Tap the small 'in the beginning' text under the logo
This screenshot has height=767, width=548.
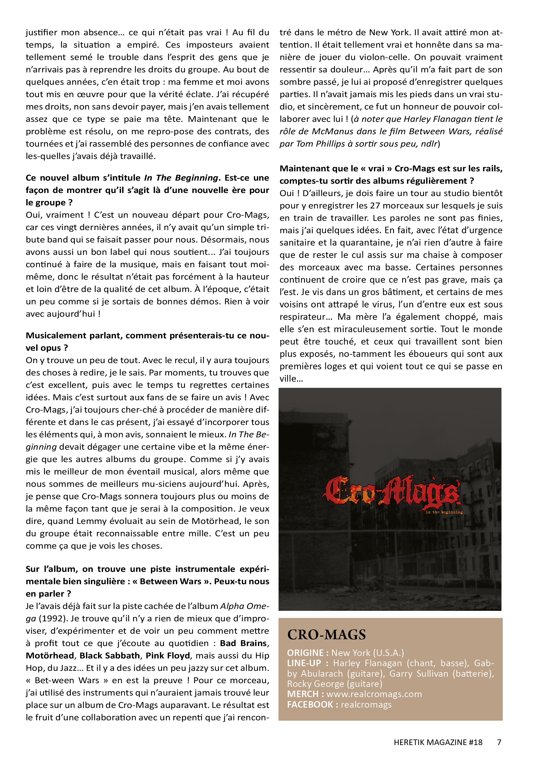click(x=444, y=512)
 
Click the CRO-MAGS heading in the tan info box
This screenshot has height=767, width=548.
click(x=326, y=635)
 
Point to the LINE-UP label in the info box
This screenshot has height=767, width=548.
click(x=304, y=663)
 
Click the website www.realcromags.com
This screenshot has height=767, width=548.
click(x=374, y=694)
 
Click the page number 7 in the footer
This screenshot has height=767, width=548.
click(x=499, y=742)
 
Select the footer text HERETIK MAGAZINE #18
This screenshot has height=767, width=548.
click(x=438, y=742)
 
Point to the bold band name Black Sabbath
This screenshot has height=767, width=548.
click(x=110, y=656)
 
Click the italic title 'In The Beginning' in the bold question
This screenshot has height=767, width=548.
click(x=181, y=178)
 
